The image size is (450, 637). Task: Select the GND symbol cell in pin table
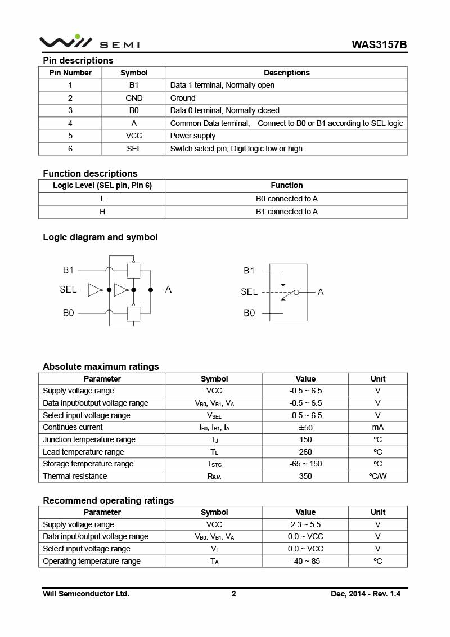[134, 98]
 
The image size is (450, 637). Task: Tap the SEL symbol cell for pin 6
[134, 149]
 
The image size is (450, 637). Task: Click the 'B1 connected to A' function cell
[286, 212]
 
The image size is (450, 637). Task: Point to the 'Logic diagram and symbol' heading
[100, 237]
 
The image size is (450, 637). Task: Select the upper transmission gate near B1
[133, 270]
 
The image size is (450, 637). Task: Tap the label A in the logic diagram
[168, 289]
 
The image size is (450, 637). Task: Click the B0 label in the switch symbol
[249, 313]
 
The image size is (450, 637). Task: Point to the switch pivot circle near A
[296, 292]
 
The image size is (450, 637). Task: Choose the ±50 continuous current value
[305, 428]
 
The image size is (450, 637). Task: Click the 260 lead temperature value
[305, 452]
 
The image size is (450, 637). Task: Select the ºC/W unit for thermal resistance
[377, 476]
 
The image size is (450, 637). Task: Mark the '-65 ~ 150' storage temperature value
[305, 464]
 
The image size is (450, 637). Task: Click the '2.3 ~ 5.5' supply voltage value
[305, 524]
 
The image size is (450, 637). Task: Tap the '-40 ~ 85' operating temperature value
[305, 561]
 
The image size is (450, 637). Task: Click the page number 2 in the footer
[233, 594]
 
